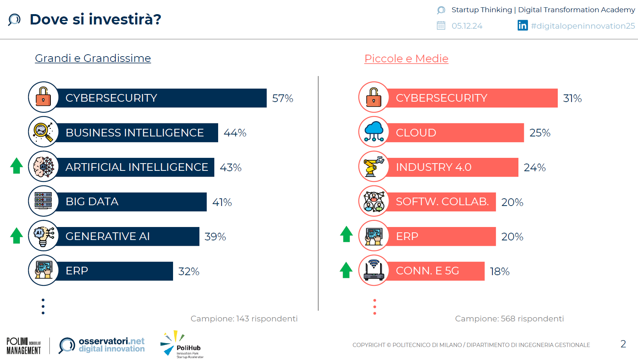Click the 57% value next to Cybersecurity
coord(282,99)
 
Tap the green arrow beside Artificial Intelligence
coord(16,166)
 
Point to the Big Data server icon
coord(44,201)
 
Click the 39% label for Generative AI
coord(215,237)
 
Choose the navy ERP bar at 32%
coord(115,271)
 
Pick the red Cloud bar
coord(455,133)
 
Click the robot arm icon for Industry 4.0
coord(374,167)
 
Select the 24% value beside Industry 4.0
coord(534,168)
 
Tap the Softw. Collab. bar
coord(441,202)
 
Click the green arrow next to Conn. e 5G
coord(346,270)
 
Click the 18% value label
coord(499,272)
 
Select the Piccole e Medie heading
coord(406,58)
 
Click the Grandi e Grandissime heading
coord(93,58)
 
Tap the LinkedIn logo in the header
coord(522,26)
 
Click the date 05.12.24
coord(467,26)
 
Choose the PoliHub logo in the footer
coord(182,345)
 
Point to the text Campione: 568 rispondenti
coord(509,319)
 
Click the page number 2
coord(623,344)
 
